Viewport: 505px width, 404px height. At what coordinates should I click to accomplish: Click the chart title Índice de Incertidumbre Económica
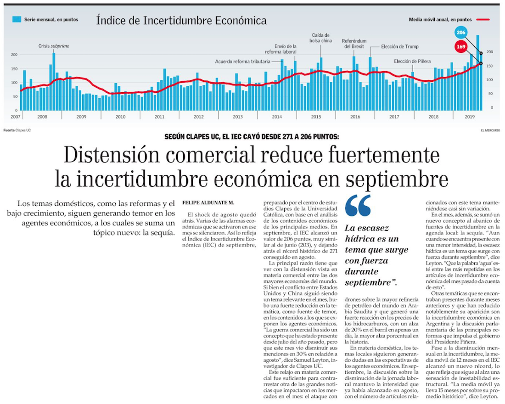181,21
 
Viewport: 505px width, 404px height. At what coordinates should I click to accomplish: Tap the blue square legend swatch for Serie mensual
17,19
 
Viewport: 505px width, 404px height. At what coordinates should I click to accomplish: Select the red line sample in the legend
483,20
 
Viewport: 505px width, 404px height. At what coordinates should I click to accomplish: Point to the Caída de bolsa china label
321,38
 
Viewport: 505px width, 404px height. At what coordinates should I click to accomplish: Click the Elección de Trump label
400,46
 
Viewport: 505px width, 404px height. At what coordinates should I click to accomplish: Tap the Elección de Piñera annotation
413,62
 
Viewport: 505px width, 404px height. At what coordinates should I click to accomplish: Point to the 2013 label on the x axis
238,117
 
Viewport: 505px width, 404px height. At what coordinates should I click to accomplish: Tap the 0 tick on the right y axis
492,108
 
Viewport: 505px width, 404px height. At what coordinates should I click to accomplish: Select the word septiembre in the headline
398,180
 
